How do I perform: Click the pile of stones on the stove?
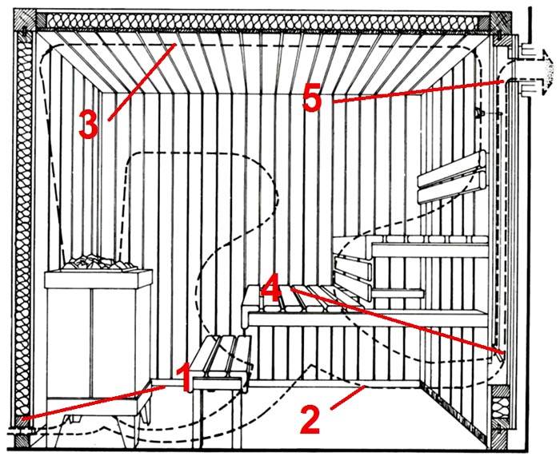click(98, 264)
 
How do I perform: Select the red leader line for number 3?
click(140, 81)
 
